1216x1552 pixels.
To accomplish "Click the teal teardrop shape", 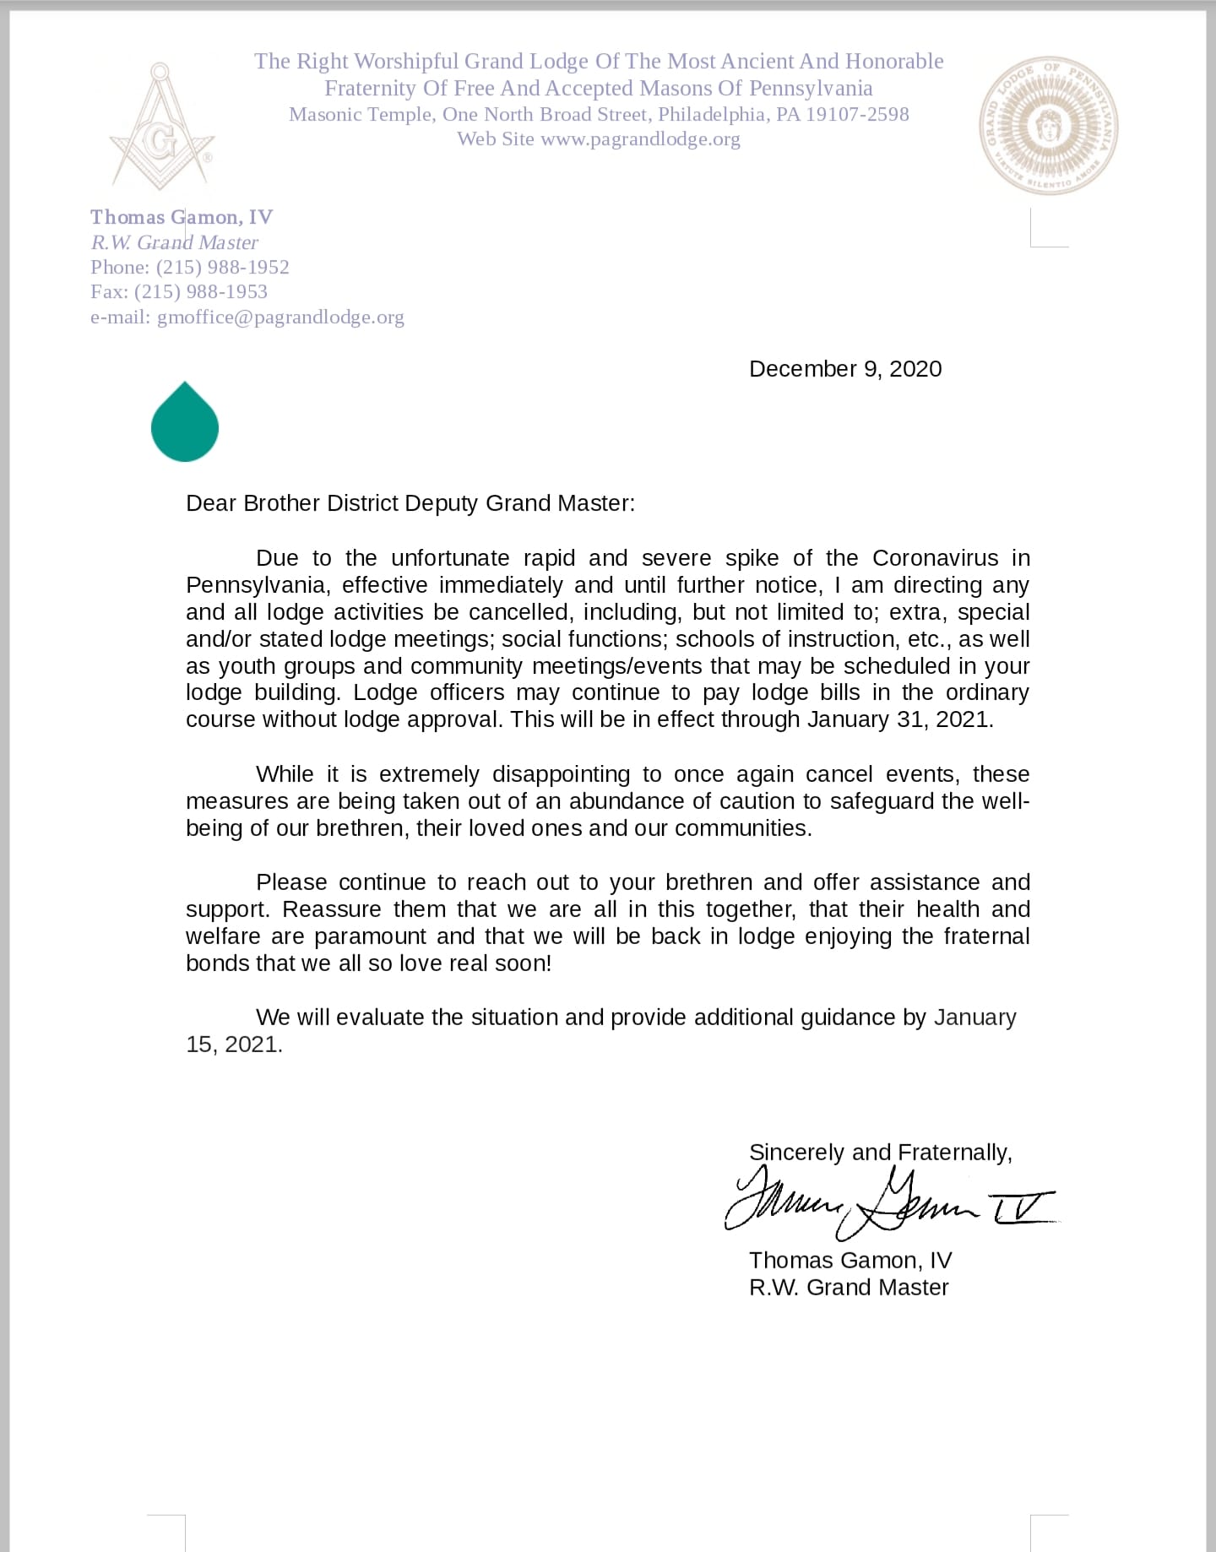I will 184,422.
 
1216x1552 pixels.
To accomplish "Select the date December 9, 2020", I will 845,369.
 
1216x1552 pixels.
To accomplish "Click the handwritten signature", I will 887,1203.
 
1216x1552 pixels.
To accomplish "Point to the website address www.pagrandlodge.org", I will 640,139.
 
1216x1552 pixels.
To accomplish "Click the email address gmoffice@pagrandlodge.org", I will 280,317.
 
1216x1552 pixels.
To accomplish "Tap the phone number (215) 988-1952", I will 223,268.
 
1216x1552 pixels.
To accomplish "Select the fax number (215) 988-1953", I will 201,292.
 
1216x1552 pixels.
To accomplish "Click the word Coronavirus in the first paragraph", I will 935,558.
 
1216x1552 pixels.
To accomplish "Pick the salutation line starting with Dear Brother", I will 410,503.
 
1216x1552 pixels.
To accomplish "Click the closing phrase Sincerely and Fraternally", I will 880,1153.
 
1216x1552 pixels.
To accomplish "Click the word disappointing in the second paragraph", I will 561,774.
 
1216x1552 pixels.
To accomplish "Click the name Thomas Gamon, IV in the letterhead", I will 182,218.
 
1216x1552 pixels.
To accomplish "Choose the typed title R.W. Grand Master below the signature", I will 849,1288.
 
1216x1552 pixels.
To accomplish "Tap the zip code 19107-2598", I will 857,115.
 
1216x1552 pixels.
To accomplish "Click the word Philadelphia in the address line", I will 713,115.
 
